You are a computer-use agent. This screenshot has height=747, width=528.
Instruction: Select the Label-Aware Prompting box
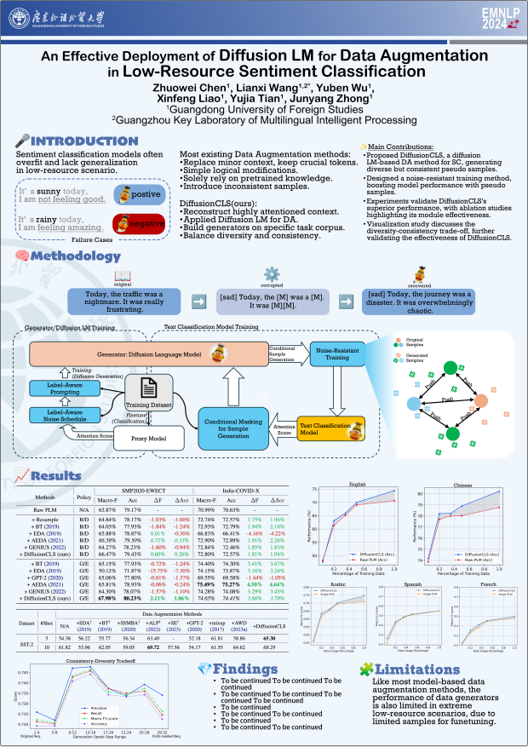point(60,388)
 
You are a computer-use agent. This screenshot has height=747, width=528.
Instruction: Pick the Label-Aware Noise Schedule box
point(60,415)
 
